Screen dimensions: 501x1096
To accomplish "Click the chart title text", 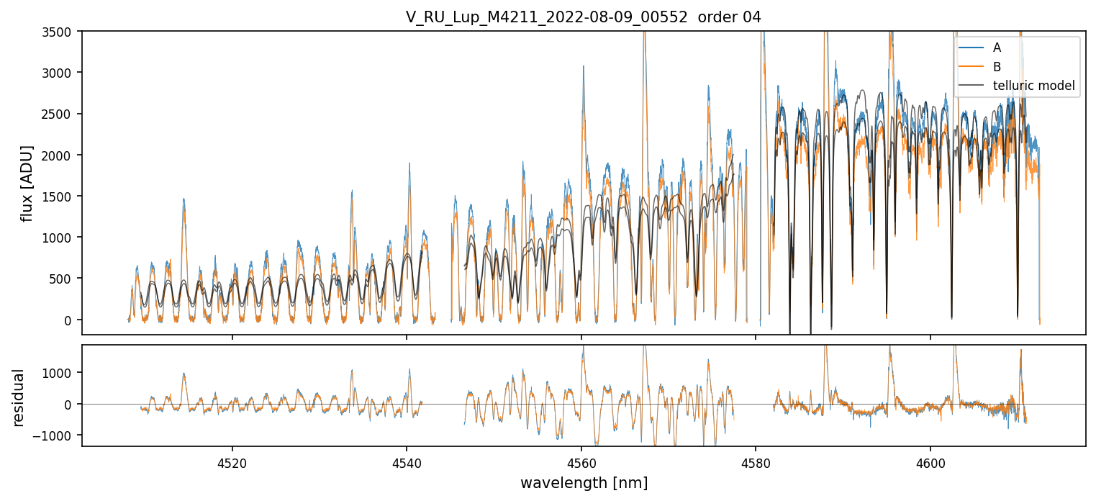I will tap(583, 17).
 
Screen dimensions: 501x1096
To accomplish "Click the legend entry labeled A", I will tap(997, 48).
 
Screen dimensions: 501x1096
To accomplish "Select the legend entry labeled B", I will tap(997, 67).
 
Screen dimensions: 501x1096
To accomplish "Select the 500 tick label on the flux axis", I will tap(66, 279).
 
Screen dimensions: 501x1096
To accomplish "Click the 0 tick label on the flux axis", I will tap(72, 320).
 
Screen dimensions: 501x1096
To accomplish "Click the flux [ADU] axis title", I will tap(27, 183).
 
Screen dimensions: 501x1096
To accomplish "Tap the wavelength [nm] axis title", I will tap(583, 483).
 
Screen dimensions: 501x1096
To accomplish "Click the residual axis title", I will tap(19, 397).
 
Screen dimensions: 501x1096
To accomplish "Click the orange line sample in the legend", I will tap(971, 67).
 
